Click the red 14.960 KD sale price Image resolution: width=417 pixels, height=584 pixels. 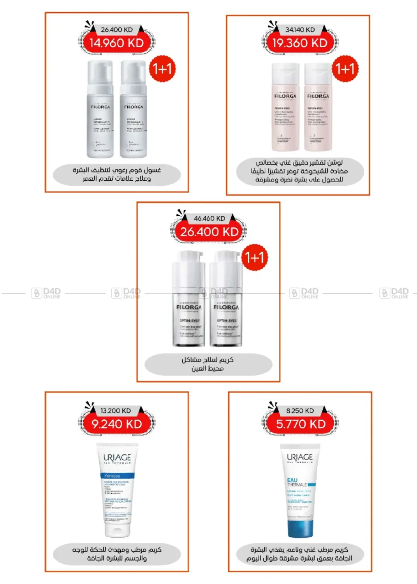click(x=116, y=43)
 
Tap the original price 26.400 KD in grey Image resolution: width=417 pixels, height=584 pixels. click(x=116, y=30)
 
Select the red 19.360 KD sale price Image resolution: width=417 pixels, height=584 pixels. click(x=300, y=43)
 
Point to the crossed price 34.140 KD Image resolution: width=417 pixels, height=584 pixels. click(x=300, y=30)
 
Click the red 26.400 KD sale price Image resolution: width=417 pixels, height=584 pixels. click(x=209, y=232)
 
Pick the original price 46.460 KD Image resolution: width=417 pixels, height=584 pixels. click(x=209, y=219)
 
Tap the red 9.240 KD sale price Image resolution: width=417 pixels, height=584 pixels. click(x=116, y=424)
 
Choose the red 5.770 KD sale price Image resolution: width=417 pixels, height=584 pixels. click(x=301, y=424)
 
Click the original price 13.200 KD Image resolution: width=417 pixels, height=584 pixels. click(x=116, y=411)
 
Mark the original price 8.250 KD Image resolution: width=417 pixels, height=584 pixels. click(x=300, y=411)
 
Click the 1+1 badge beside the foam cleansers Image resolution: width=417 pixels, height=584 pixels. click(x=162, y=69)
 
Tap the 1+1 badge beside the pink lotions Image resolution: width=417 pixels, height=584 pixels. click(x=345, y=69)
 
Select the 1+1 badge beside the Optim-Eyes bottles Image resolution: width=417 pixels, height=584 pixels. click(x=255, y=257)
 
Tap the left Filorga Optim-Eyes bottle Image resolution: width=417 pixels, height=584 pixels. click(x=189, y=300)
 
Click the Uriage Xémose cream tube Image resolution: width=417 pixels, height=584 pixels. click(x=117, y=491)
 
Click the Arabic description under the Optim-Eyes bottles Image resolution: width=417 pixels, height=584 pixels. click(x=208, y=364)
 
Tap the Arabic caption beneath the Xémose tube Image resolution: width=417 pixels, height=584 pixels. click(x=117, y=554)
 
